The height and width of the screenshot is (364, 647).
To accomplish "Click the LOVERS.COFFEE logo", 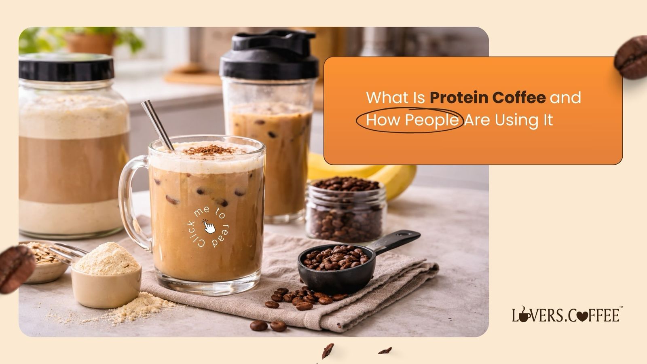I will (x=565, y=315).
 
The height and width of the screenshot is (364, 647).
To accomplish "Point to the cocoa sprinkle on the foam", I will (x=208, y=150).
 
